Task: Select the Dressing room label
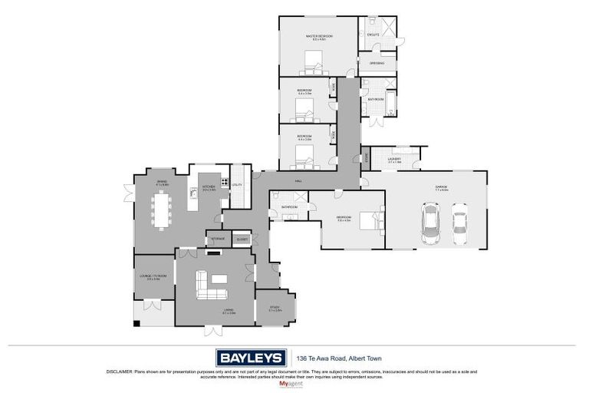377,63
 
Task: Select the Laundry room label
394,160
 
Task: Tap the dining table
163,207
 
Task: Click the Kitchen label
208,187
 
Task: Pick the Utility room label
237,185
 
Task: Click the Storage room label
218,239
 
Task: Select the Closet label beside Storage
242,239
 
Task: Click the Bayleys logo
250,358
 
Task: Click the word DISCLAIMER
120,372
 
